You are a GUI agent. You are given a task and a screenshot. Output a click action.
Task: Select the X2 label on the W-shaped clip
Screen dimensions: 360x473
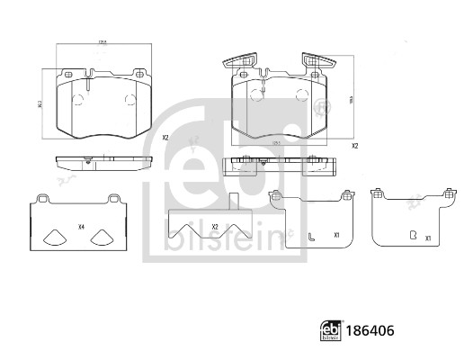point(215,226)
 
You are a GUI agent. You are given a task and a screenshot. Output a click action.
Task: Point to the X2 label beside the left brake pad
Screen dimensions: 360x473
point(165,138)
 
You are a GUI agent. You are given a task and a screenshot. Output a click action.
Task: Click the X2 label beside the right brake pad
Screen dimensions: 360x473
point(354,146)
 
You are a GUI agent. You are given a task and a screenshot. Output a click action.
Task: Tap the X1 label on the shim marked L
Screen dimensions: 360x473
point(335,235)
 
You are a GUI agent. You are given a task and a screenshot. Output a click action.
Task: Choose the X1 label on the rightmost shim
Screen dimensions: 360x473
point(428,238)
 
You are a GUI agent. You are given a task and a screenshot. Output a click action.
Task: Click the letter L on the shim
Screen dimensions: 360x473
point(310,238)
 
